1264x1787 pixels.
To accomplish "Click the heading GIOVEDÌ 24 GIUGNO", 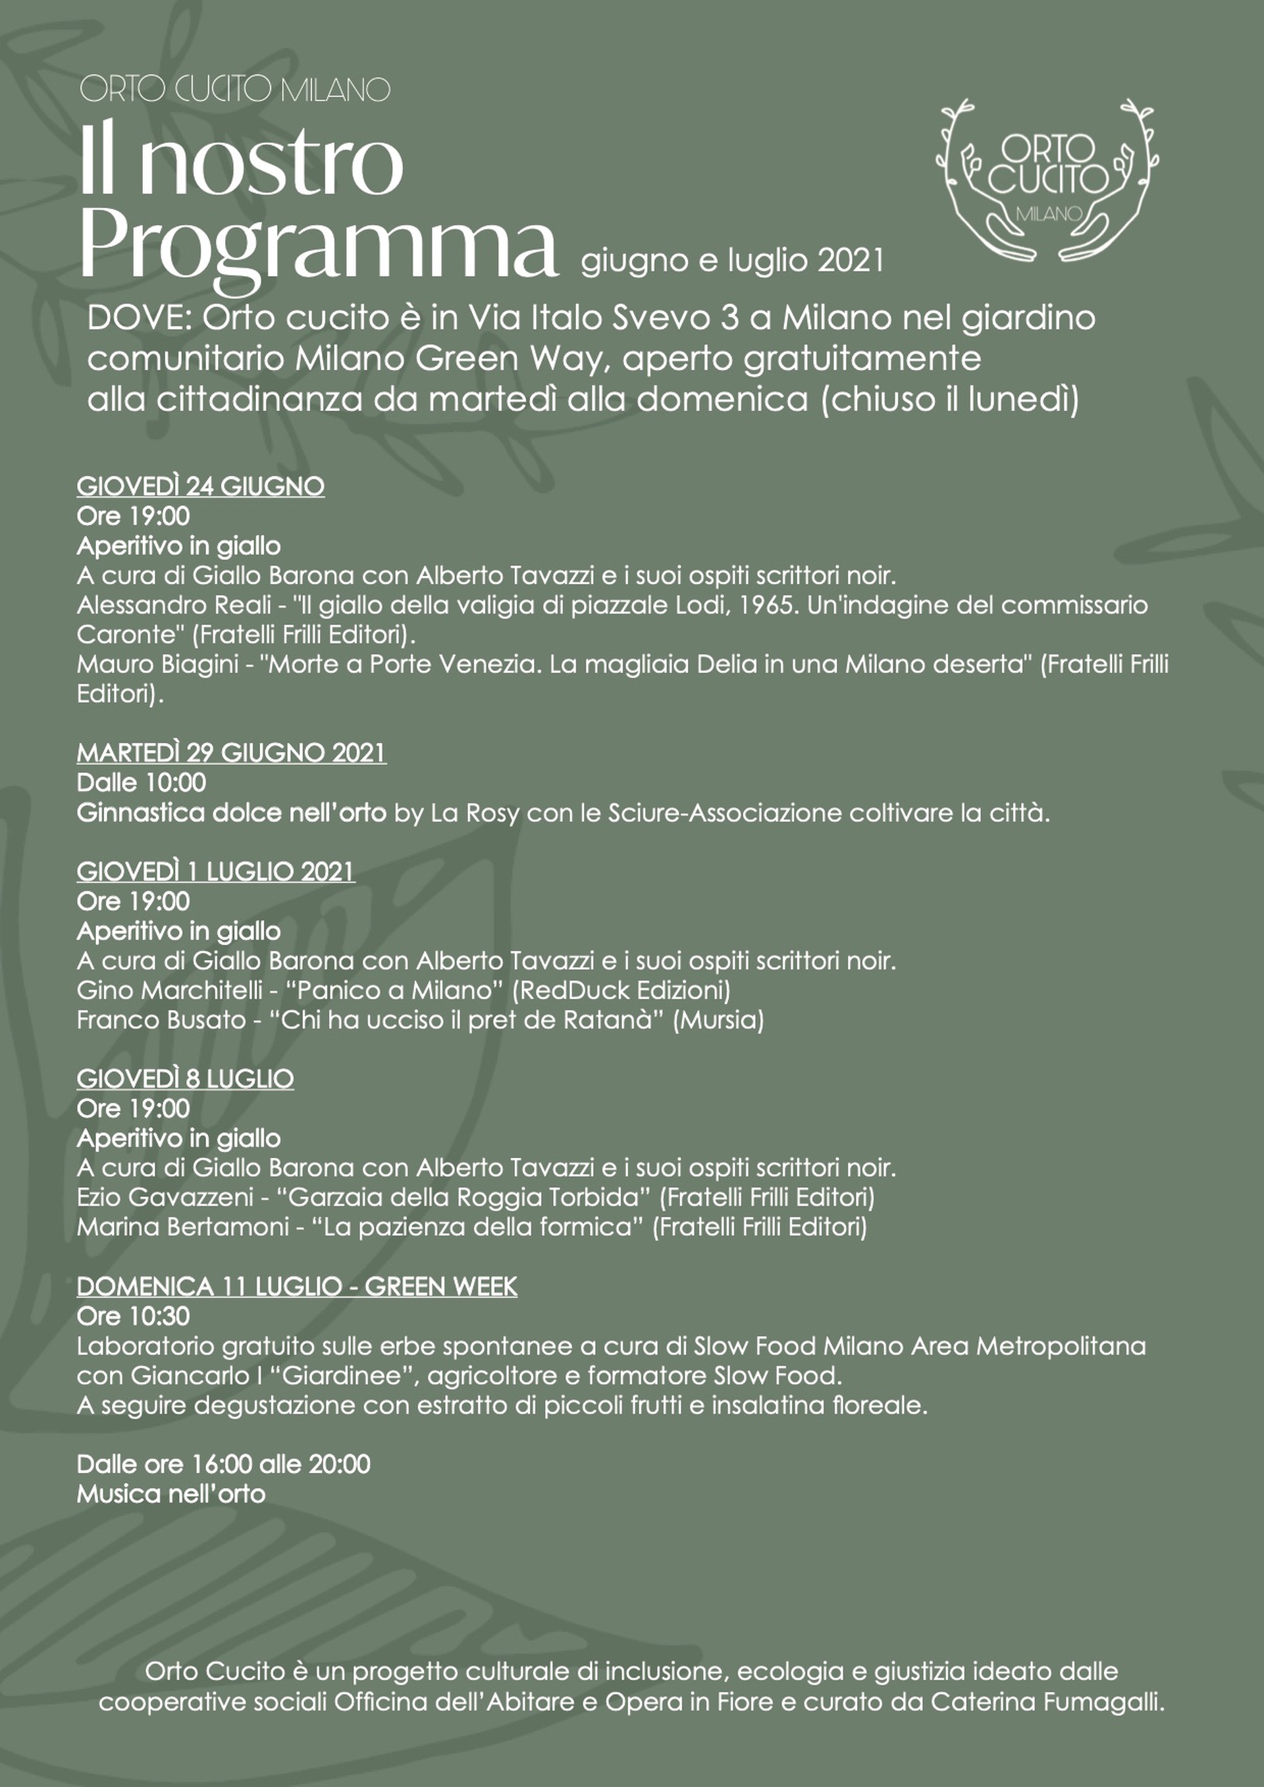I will pyautogui.click(x=200, y=487).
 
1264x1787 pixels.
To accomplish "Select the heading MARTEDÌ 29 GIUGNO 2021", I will pyautogui.click(x=231, y=753).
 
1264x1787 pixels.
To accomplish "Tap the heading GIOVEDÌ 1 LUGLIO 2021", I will pyautogui.click(x=215, y=872).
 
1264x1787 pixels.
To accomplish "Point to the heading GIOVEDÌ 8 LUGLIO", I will pyautogui.click(x=185, y=1079).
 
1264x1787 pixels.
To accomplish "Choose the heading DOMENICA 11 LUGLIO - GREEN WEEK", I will pyautogui.click(x=296, y=1287).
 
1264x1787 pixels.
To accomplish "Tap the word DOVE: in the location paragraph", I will pyautogui.click(x=140, y=318).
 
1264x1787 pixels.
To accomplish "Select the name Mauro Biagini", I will pyautogui.click(x=157, y=664).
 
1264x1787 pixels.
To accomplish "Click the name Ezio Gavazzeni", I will pyautogui.click(x=165, y=1197).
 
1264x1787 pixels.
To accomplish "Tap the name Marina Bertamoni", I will pyautogui.click(x=183, y=1227).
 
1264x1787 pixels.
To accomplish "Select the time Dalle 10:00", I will pyautogui.click(x=141, y=782).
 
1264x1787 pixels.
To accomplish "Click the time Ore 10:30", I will pyautogui.click(x=133, y=1316).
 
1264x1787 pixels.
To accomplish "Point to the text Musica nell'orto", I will pyautogui.click(x=171, y=1493).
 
